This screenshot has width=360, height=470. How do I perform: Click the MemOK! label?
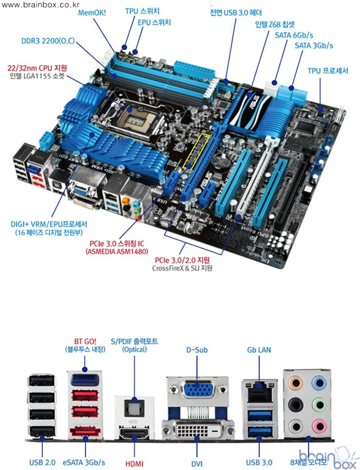pyautogui.click(x=92, y=13)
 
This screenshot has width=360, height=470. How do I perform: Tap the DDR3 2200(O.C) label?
pyautogui.click(x=48, y=41)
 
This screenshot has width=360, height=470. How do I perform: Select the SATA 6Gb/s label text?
pyautogui.click(x=293, y=35)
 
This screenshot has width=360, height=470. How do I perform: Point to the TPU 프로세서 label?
pyautogui.click(x=328, y=71)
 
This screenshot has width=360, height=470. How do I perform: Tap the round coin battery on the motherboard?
pyautogui.click(x=221, y=161)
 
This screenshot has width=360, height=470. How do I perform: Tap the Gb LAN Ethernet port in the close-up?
pyautogui.click(x=259, y=391)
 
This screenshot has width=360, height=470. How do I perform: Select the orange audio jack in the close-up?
pyautogui.click(x=295, y=383)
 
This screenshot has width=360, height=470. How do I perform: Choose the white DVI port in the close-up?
pyautogui.click(x=198, y=431)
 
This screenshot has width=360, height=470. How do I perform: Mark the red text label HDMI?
pyautogui.click(x=134, y=463)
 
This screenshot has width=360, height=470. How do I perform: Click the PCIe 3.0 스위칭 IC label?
pyautogui.click(x=117, y=244)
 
